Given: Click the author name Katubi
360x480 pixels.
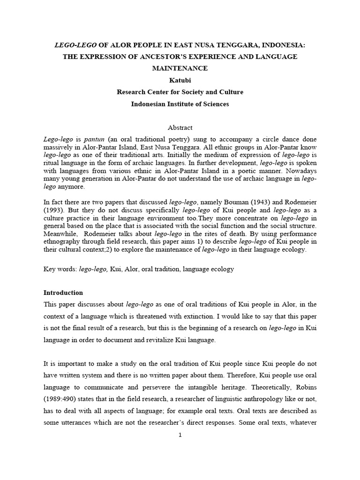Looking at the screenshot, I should [x=180, y=80].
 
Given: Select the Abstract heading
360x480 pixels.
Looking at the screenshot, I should [x=180, y=127].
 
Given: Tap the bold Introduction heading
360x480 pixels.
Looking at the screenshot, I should [x=63, y=292].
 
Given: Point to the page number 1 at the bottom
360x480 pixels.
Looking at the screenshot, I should [x=180, y=435].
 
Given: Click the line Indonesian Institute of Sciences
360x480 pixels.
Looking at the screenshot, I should [x=180, y=104].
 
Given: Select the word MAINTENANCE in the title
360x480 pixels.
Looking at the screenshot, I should [x=180, y=68].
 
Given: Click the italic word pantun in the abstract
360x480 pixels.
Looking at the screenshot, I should [x=94, y=140].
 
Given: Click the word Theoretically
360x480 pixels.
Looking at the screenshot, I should [x=268, y=374].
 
